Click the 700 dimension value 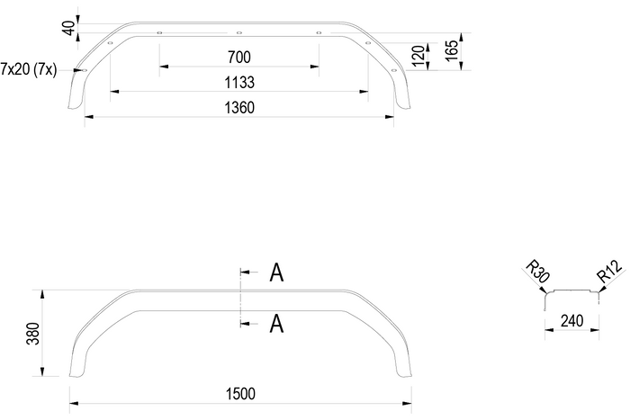point(238,58)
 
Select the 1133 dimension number point(239,83)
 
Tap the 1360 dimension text point(239,108)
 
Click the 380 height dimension point(33,334)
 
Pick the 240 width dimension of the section point(573,319)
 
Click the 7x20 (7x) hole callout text point(30,69)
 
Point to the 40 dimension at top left point(68,27)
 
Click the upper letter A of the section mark point(277,273)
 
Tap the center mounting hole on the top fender point(239,32)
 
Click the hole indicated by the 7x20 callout point(84,70)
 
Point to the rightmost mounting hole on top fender point(395,70)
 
